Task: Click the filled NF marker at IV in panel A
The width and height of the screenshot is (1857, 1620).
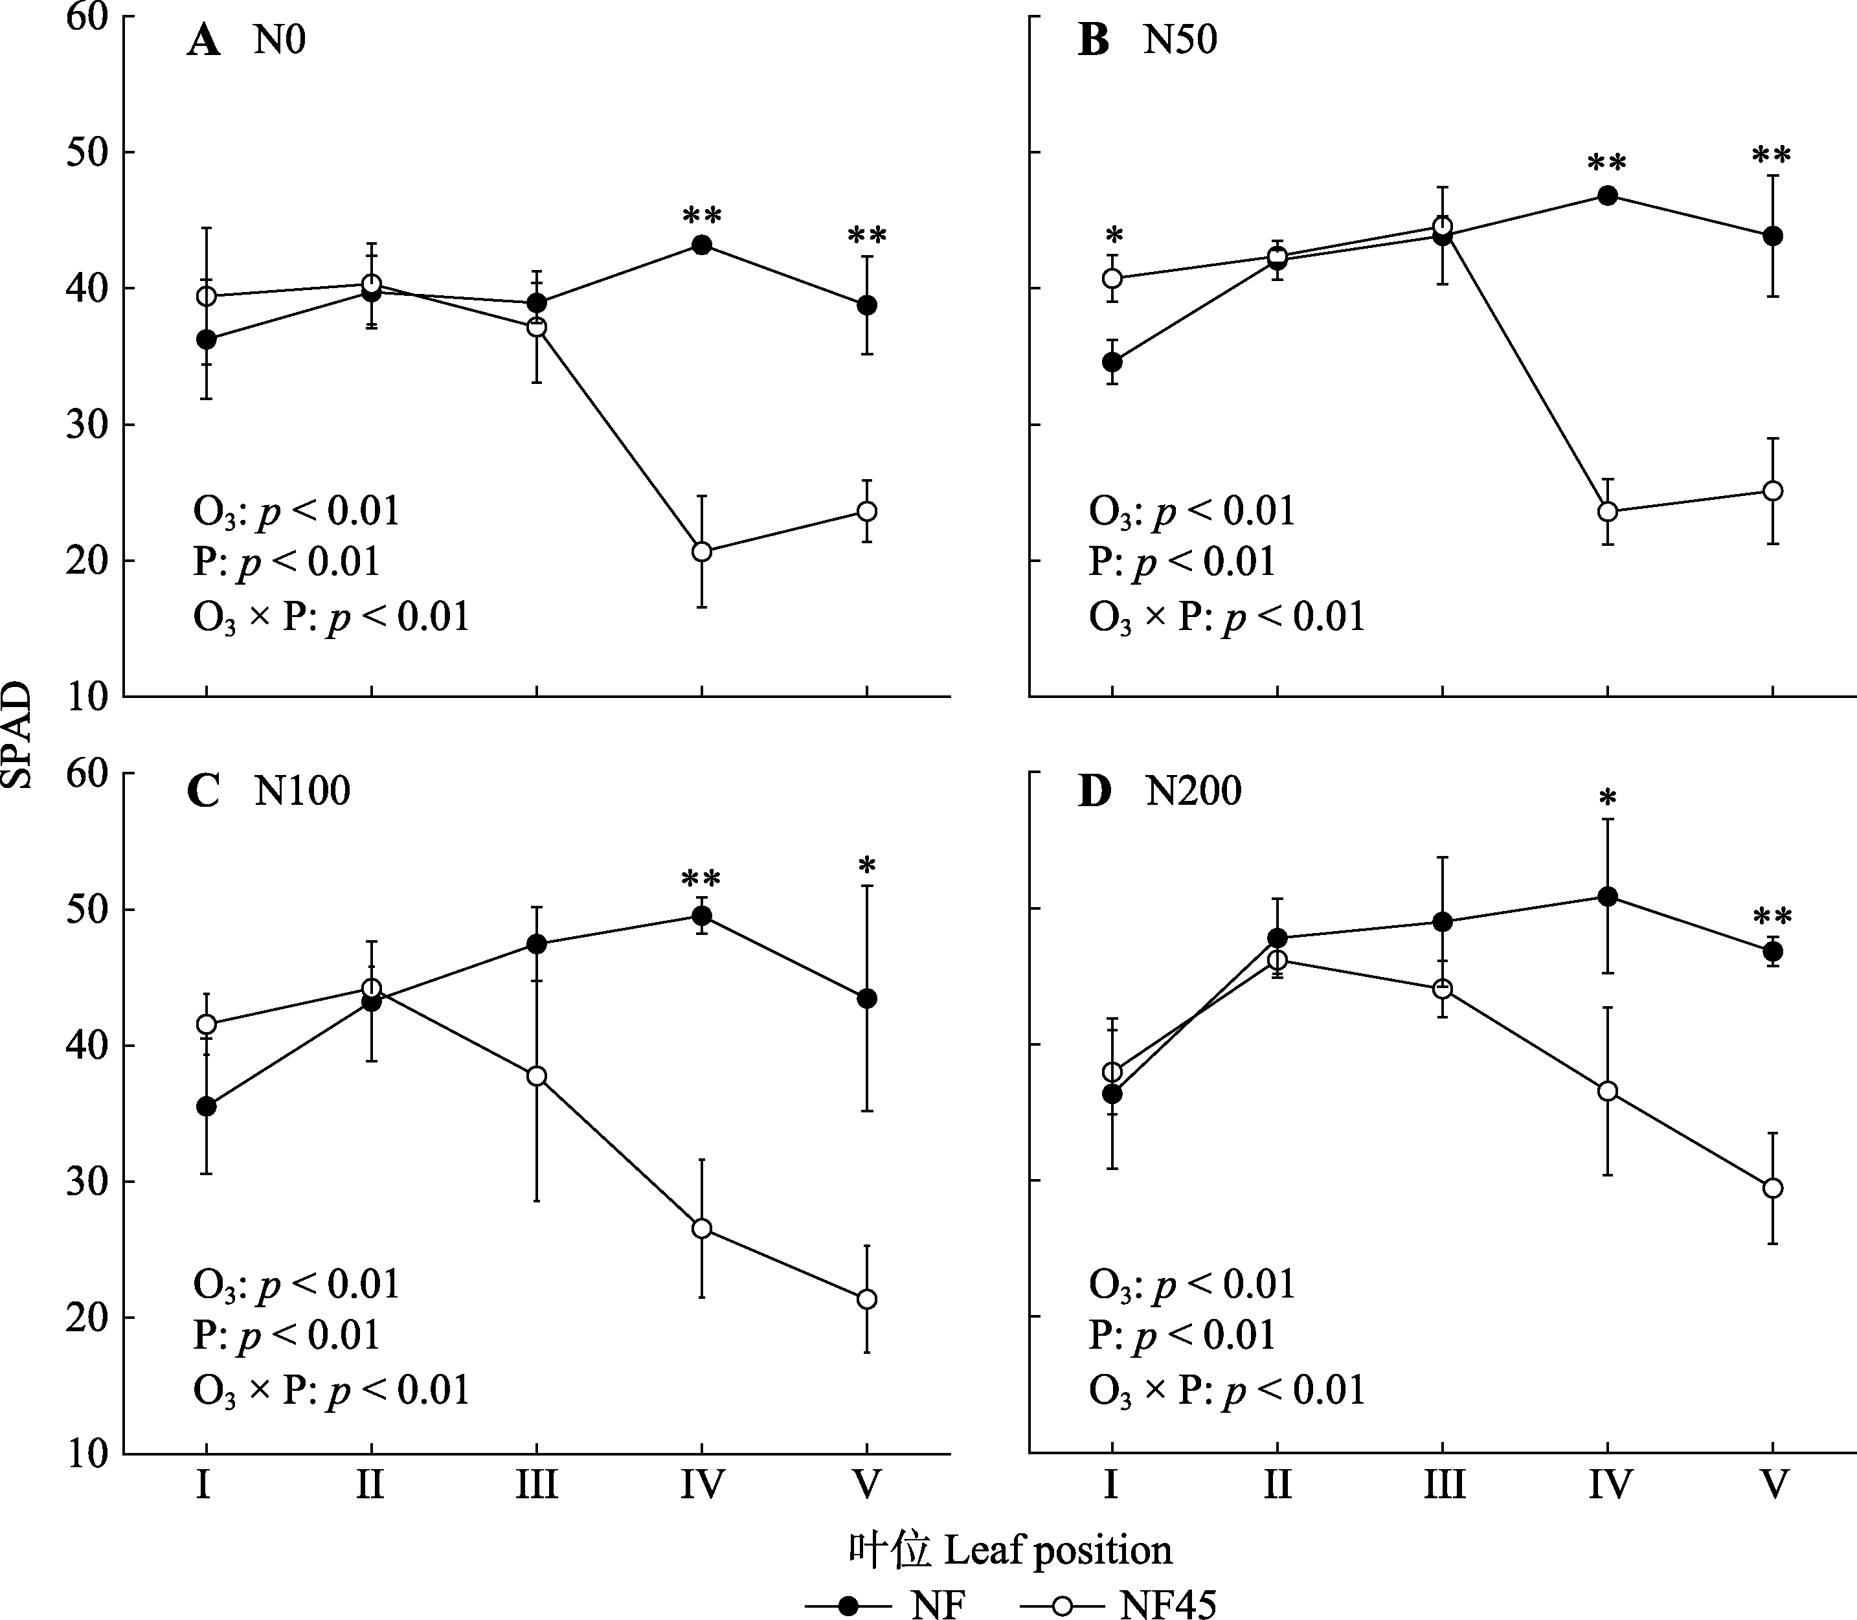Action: coord(702,245)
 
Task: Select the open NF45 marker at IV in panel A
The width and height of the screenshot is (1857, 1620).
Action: coord(702,552)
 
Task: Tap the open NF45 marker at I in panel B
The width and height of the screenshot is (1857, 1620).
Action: coord(1113,278)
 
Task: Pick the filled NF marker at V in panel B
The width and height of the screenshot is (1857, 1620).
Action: coord(1773,236)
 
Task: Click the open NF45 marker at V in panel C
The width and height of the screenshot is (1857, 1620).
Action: coord(867,1299)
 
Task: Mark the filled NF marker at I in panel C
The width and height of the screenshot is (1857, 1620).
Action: coord(206,1107)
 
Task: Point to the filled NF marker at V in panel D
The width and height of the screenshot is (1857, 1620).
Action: coord(1773,951)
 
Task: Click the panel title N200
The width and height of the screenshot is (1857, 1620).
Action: coord(1193,792)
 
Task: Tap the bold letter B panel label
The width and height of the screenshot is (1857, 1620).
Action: coord(1094,41)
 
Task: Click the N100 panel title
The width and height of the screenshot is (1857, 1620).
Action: coord(302,792)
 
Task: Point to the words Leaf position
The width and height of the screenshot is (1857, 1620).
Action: coord(1058,1549)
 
